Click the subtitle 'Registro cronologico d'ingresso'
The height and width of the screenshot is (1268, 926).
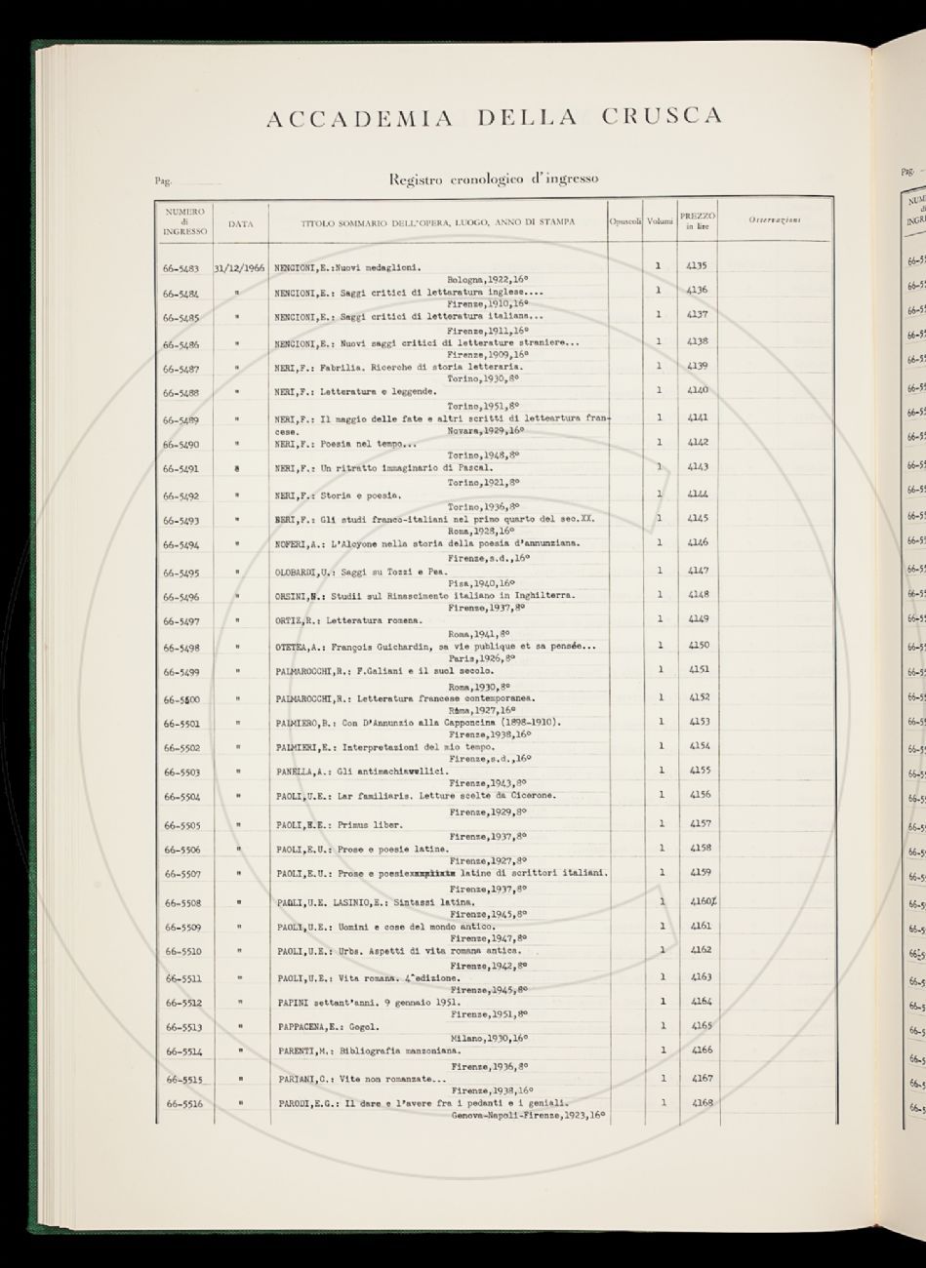494,178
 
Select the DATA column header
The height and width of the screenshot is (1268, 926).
241,223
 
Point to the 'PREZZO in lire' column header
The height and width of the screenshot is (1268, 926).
698,219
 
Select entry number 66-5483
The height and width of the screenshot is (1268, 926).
184,265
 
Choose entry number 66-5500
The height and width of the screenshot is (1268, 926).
184,698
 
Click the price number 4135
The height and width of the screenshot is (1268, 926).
700,265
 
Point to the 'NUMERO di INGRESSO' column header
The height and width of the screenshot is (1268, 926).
184,221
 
